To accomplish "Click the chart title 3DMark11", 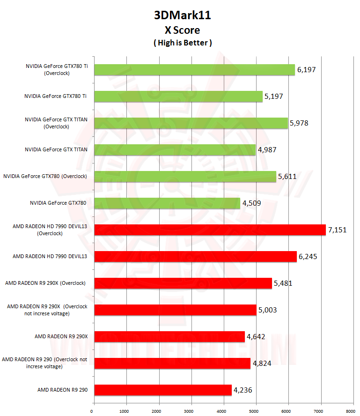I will (182, 15).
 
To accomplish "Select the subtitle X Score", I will (182, 30).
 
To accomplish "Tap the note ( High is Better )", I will (182, 43).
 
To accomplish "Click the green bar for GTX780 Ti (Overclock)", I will (194, 69).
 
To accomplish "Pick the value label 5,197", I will (274, 97).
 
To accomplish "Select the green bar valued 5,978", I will (191, 123).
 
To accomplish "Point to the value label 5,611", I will (287, 177).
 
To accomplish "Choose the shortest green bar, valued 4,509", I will (167, 203).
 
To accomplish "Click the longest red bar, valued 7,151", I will (210, 230).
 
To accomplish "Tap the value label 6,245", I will (308, 257).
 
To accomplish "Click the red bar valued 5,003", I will (175, 310).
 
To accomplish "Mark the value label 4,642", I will (256, 336).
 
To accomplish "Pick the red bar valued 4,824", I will (172, 363).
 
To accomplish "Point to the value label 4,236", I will (243, 390).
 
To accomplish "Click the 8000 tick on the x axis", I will (350, 411).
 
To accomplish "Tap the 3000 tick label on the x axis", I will (189, 411).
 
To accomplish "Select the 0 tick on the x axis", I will (92, 411).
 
